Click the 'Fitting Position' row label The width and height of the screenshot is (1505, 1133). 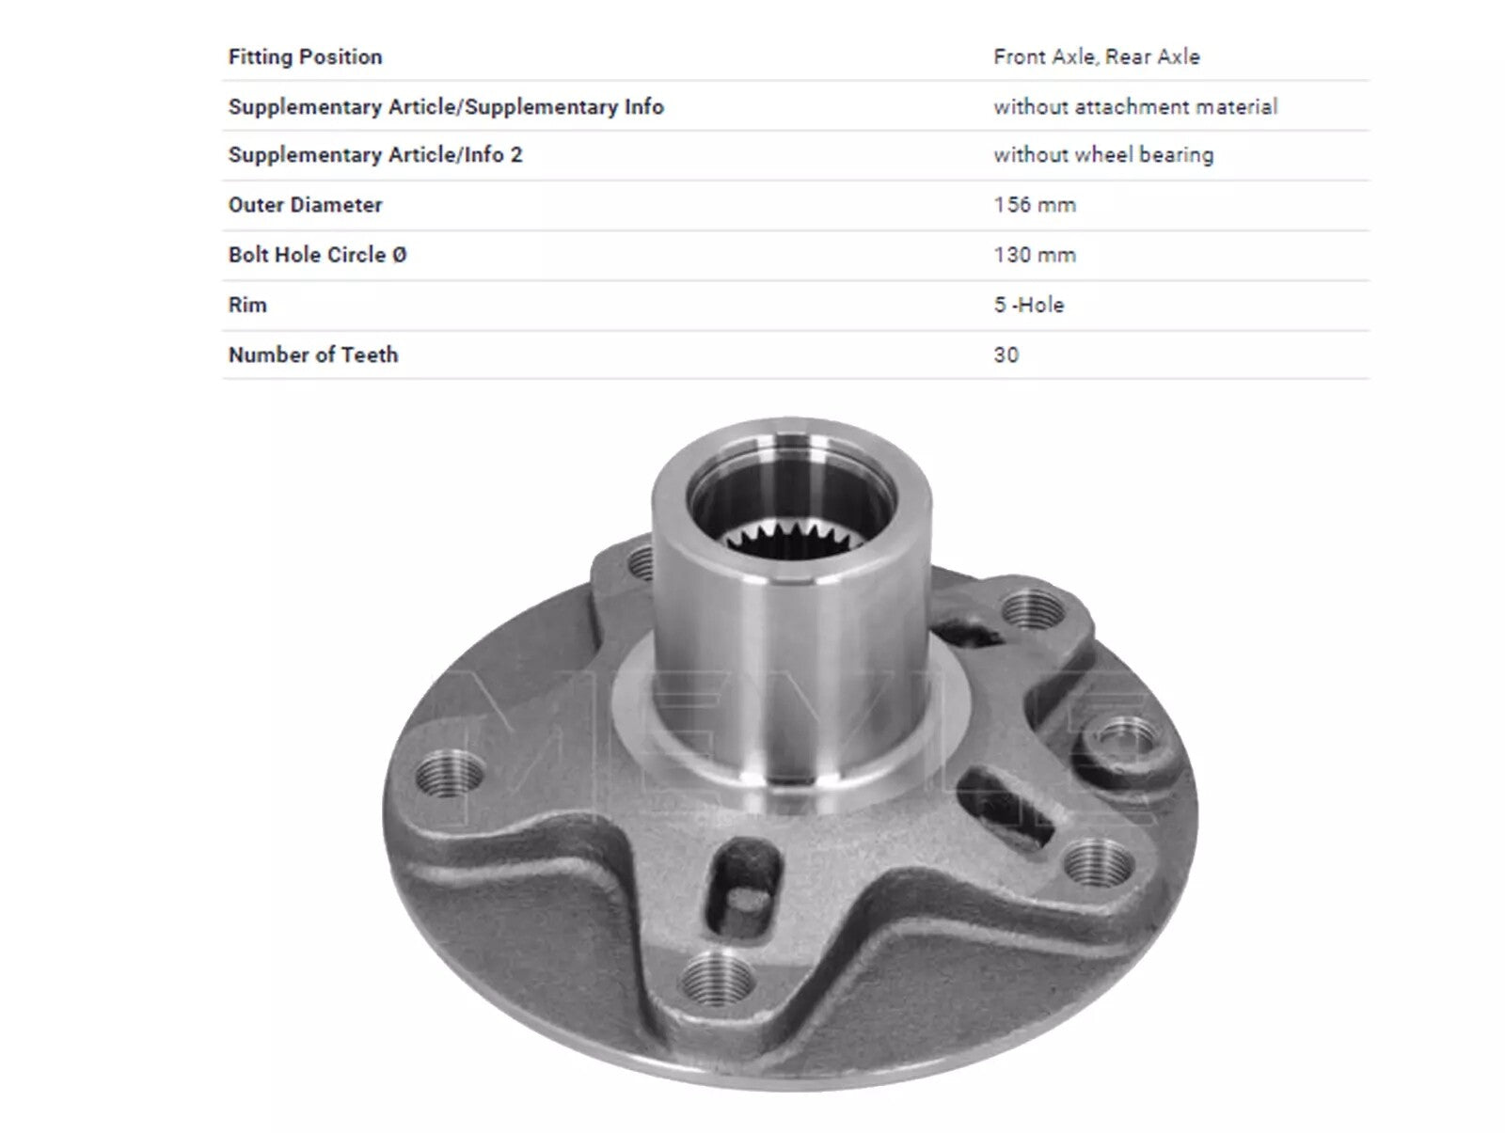pyautogui.click(x=305, y=56)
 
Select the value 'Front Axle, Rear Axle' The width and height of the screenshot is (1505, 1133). pyautogui.click(x=1097, y=56)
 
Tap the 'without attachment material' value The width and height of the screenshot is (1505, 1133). pyautogui.click(x=1135, y=106)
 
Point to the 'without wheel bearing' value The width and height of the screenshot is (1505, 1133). pyautogui.click(x=1103, y=155)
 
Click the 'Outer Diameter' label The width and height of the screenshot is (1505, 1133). pyautogui.click(x=305, y=204)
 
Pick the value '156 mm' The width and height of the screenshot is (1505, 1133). pyautogui.click(x=1035, y=204)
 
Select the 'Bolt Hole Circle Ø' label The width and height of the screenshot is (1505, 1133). pyautogui.click(x=317, y=254)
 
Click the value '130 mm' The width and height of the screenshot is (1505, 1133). pyautogui.click(x=1035, y=254)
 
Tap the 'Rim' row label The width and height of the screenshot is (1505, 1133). pyautogui.click(x=246, y=305)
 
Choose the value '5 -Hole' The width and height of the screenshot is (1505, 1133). pyautogui.click(x=1028, y=305)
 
